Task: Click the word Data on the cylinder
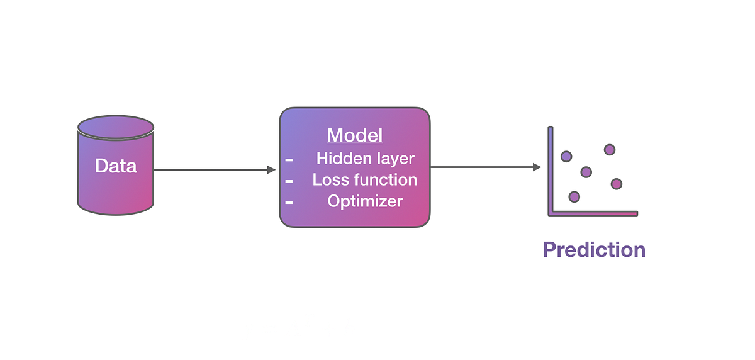point(116,166)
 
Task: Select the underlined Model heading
point(354,135)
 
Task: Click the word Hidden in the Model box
point(340,158)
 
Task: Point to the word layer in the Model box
point(391,158)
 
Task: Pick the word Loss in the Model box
point(327,180)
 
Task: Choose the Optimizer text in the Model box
point(365,201)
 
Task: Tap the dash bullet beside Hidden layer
point(289,160)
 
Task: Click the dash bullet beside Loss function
point(289,181)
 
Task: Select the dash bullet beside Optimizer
point(289,203)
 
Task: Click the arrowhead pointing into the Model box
point(272,169)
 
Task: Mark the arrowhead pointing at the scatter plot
point(537,167)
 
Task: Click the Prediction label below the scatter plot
point(594,249)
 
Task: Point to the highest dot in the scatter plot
point(609,149)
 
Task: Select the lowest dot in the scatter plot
point(574,196)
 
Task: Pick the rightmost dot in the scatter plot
point(616,183)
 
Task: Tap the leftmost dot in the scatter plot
point(566,156)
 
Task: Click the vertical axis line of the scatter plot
point(551,170)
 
